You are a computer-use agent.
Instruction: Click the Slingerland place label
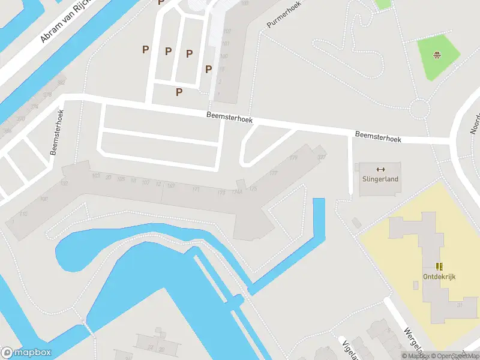coord(380,179)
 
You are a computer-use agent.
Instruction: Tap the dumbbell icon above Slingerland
coord(380,169)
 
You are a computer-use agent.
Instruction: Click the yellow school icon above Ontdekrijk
coord(440,266)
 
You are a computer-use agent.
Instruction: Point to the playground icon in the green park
coord(438,56)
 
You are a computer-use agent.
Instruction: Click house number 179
coord(293,158)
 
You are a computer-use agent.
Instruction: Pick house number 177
coord(274,173)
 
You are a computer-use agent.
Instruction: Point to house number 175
coord(253,189)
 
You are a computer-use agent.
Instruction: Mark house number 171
coord(196,189)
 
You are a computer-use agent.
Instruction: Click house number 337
coord(322,158)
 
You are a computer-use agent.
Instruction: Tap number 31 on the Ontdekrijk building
coord(459,306)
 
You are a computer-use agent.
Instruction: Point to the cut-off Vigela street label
coord(348,349)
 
